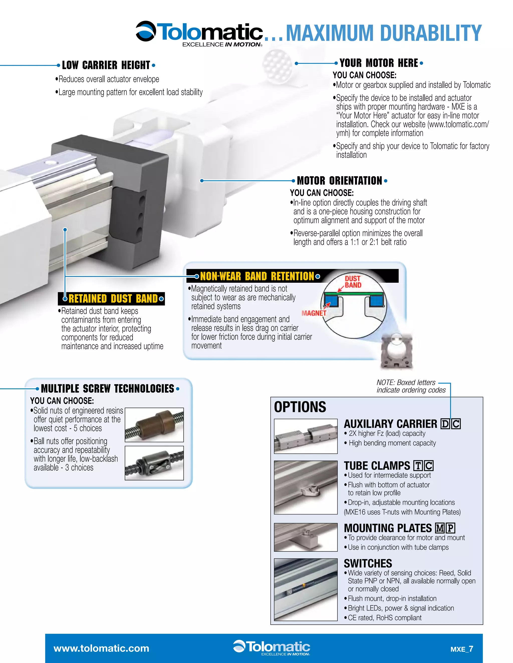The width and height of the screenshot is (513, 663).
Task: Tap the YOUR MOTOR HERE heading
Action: tap(379, 63)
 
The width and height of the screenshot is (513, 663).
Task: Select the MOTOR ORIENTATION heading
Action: tap(339, 181)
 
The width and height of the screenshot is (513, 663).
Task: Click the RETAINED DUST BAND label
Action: tap(113, 299)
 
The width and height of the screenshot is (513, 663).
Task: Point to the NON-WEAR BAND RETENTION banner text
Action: tap(257, 276)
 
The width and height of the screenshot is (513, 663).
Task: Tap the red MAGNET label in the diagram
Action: tap(314, 313)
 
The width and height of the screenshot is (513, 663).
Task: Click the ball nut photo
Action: tap(154, 463)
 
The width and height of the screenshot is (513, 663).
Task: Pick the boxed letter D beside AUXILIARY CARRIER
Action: tap(445, 424)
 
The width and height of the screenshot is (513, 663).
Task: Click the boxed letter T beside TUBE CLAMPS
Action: tap(418, 466)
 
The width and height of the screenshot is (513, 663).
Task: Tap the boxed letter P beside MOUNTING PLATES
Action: tap(451, 528)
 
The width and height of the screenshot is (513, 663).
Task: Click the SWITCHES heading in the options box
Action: tap(368, 564)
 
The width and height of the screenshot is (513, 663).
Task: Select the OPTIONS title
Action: tap(300, 407)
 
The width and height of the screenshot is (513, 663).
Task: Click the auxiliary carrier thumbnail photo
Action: tap(305, 436)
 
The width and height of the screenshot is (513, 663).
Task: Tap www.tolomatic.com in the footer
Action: tap(101, 648)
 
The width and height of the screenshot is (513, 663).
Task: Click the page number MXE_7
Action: tap(462, 649)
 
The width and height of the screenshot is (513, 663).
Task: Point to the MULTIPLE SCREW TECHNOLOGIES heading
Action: tap(107, 389)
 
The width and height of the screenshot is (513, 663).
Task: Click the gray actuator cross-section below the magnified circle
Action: tap(397, 352)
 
